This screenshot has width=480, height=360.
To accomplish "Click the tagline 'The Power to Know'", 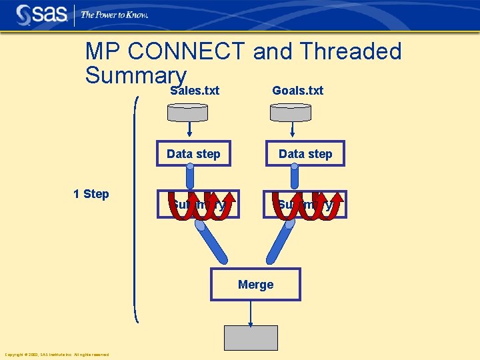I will tap(114, 15).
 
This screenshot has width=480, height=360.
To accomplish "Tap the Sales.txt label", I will tap(195, 90).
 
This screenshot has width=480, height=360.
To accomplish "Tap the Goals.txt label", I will tap(297, 90).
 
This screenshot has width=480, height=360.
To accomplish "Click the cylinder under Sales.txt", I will tap(190, 113).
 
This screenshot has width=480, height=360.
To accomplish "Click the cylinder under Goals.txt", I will tap(292, 113).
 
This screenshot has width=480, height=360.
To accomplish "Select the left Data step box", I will tap(194, 154).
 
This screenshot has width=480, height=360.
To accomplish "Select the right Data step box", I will tap(305, 154).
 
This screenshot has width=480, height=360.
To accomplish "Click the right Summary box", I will tap(305, 205).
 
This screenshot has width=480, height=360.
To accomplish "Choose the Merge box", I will tap(255, 285).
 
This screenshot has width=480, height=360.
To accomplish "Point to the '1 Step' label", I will tap(91, 194).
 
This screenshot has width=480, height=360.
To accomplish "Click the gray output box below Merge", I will tap(251, 338).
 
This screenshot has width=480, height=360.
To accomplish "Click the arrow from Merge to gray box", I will tap(251, 313).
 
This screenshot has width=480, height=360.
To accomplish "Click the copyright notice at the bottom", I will tap(57, 355).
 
